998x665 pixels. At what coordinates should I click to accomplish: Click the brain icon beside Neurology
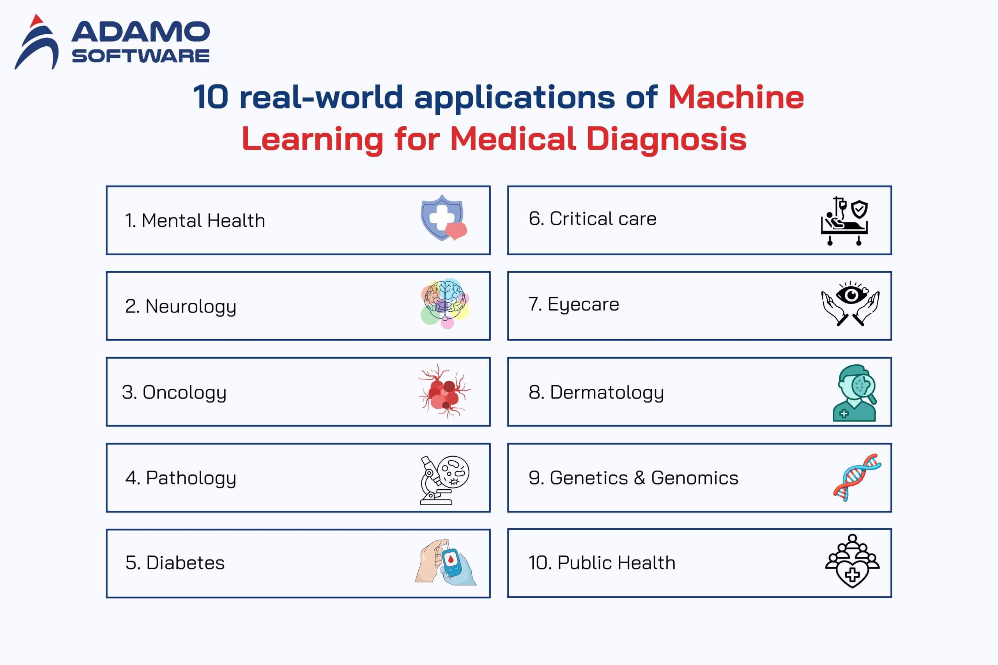(445, 303)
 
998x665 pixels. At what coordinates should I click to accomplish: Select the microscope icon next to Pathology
(444, 480)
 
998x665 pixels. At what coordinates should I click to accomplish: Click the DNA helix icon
(857, 478)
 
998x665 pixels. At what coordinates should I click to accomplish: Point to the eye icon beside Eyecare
(850, 303)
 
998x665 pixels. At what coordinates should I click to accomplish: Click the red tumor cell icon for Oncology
(444, 392)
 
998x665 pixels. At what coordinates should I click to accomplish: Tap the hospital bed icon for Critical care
(844, 221)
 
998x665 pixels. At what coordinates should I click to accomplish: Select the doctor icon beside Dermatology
(854, 393)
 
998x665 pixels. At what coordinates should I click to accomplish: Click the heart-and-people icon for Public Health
(852, 561)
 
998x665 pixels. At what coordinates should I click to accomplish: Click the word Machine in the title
(736, 97)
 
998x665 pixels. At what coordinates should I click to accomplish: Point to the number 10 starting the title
(211, 97)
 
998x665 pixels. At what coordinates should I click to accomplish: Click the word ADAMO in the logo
(140, 32)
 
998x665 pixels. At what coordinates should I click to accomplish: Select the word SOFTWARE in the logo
(140, 56)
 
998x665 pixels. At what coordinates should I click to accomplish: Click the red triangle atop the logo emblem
(37, 19)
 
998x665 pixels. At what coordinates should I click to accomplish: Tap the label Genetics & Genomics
(644, 478)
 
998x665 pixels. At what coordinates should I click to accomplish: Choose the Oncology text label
(184, 393)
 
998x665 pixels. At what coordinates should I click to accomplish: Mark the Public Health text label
(616, 563)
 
